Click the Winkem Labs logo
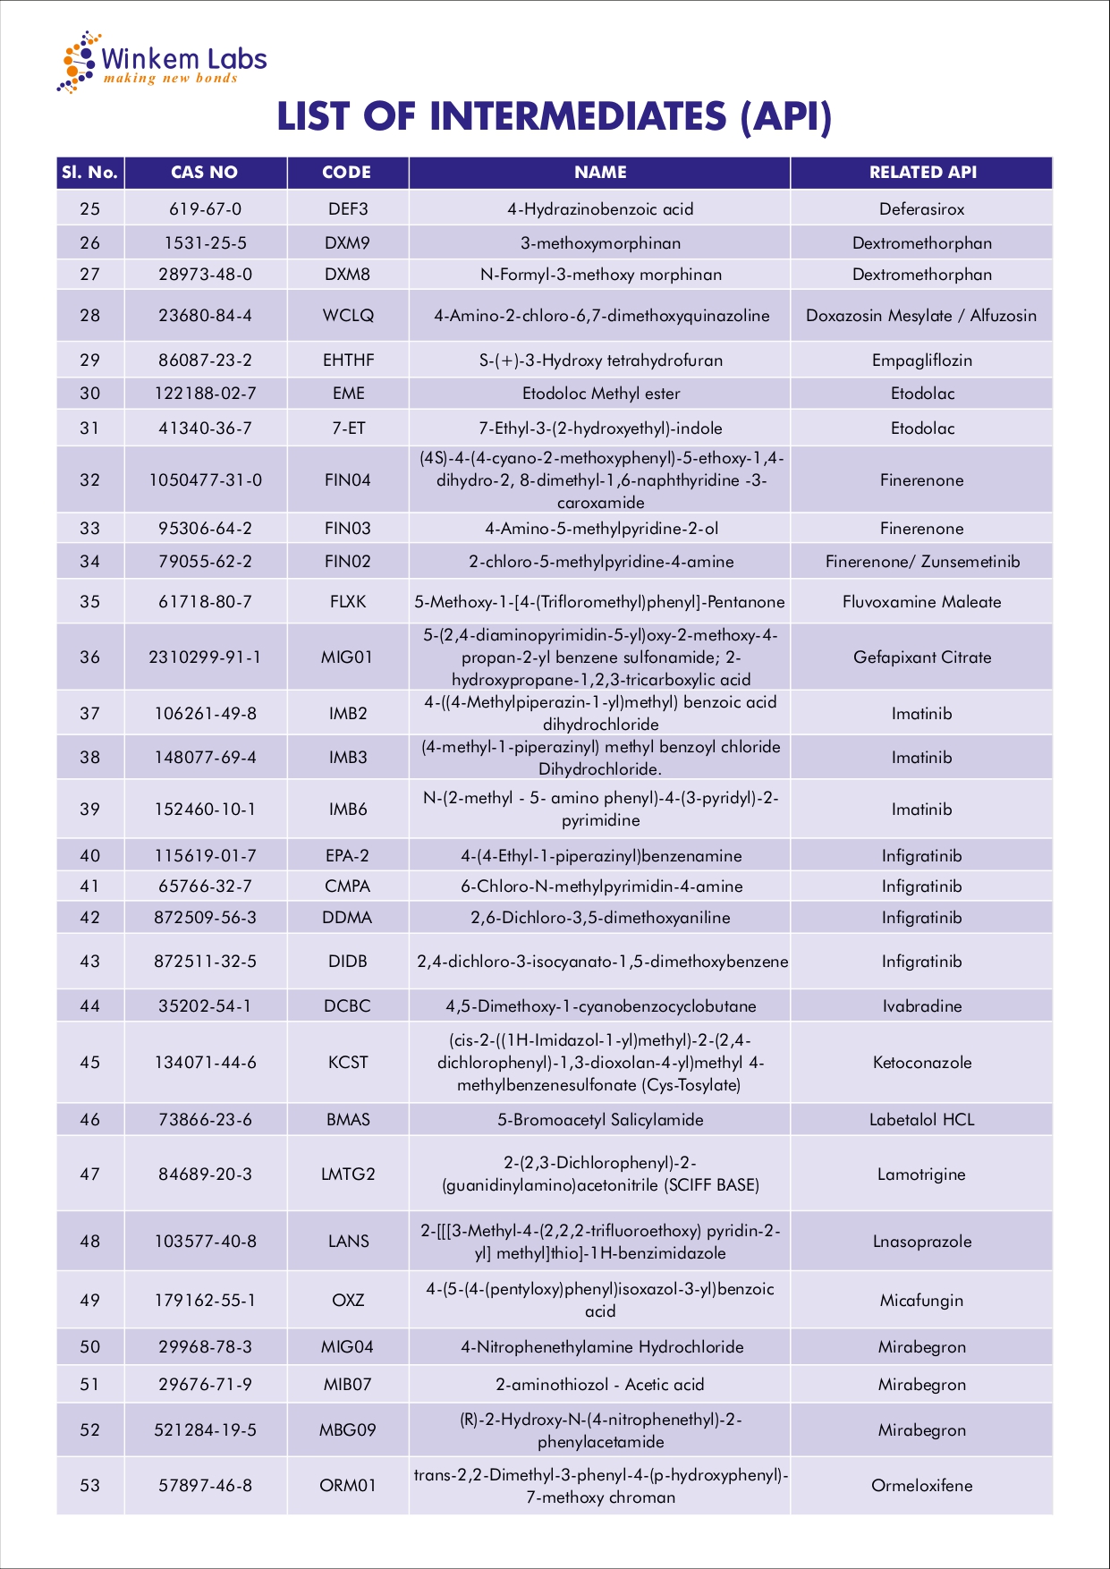[x=162, y=62]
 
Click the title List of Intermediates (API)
[x=555, y=117]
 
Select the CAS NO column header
[x=205, y=173]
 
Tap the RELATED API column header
[x=922, y=173]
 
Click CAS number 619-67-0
[x=205, y=209]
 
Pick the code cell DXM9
[x=347, y=243]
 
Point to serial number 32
[x=89, y=480]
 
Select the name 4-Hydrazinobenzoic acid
[x=600, y=209]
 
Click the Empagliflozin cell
[x=921, y=360]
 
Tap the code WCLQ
[x=347, y=316]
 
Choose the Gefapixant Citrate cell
[x=921, y=657]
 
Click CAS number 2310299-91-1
[x=205, y=657]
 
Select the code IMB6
[x=347, y=810]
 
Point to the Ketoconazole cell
[x=921, y=1063]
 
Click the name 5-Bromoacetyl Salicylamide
[x=600, y=1120]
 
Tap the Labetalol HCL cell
[x=921, y=1120]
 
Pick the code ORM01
[x=347, y=1486]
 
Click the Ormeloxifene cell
[x=921, y=1486]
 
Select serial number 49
[x=89, y=1301]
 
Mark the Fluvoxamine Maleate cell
[x=921, y=602]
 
